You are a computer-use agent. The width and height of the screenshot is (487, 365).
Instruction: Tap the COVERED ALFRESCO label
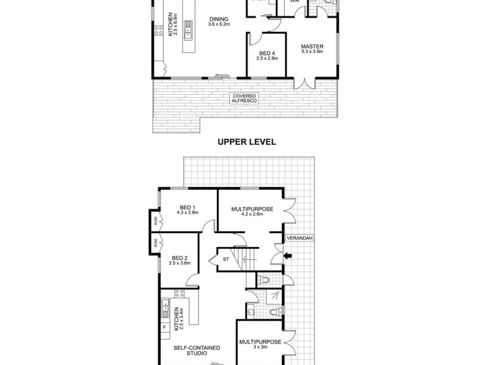(244, 99)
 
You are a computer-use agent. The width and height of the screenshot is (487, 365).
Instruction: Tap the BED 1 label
(187, 209)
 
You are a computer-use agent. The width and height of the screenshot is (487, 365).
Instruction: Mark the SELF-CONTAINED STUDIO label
(197, 351)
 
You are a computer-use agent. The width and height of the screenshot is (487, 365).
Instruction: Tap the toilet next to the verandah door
(263, 279)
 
